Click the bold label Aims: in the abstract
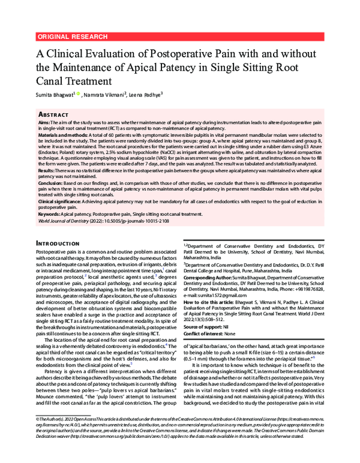tap(44, 122)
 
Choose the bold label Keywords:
tap(50, 214)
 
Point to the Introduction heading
tap(62, 243)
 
